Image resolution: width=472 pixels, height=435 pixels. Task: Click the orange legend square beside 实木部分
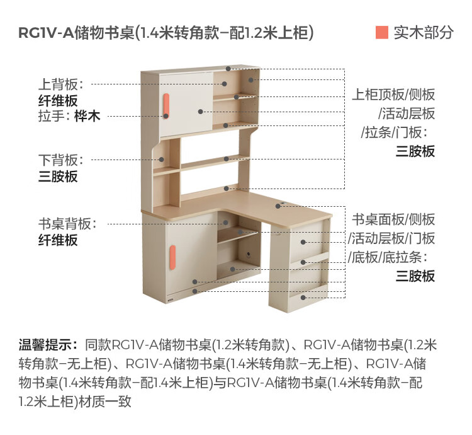pyautogui.click(x=381, y=33)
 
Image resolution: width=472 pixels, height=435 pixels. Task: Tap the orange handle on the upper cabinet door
pyautogui.click(x=166, y=106)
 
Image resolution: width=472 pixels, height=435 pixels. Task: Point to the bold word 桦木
pyautogui.click(x=87, y=116)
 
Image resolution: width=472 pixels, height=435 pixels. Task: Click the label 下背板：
pyautogui.click(x=62, y=160)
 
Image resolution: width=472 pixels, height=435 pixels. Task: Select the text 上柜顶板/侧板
pyautogui.click(x=393, y=95)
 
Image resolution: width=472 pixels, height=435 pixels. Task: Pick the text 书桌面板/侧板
pyautogui.click(x=393, y=220)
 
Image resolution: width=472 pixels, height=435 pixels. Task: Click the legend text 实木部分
pyautogui.click(x=424, y=33)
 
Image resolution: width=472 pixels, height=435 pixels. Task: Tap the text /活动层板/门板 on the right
pyautogui.click(x=391, y=239)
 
